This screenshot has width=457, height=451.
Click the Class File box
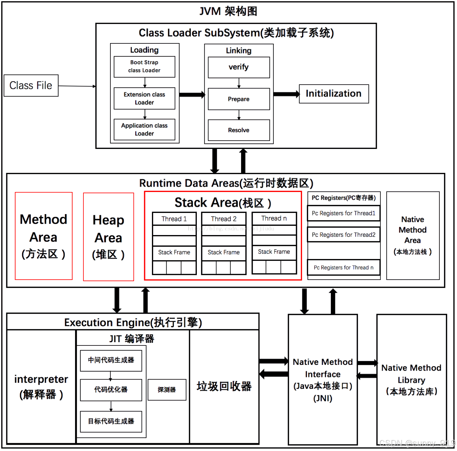pyautogui.click(x=31, y=86)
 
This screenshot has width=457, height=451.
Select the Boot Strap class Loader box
pyautogui.click(x=144, y=66)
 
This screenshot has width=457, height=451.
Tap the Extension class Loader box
pyautogui.click(x=144, y=98)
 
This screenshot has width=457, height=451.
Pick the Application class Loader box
pyautogui.click(x=144, y=129)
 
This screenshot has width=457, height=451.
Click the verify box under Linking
pyautogui.click(x=239, y=67)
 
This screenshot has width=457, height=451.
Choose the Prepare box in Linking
pyautogui.click(x=239, y=99)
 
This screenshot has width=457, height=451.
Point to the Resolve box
pyautogui.click(x=239, y=130)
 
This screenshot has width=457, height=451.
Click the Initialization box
pyautogui.click(x=334, y=94)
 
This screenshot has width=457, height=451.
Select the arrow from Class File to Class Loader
pyautogui.click(x=77, y=86)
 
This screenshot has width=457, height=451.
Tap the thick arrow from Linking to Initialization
pyautogui.click(x=286, y=94)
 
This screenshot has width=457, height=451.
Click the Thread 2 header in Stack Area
pyautogui.click(x=224, y=219)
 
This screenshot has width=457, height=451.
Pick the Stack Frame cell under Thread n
pyautogui.click(x=274, y=252)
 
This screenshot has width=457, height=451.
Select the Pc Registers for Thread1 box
pyautogui.click(x=344, y=213)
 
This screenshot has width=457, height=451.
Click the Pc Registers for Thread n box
pyautogui.click(x=344, y=268)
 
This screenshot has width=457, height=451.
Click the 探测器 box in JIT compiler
pyautogui.click(x=167, y=390)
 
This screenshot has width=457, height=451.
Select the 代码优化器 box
pyautogui.click(x=111, y=390)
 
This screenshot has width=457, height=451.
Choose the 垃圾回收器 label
pyautogui.click(x=224, y=386)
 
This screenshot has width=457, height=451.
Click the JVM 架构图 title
pyautogui.click(x=228, y=11)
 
